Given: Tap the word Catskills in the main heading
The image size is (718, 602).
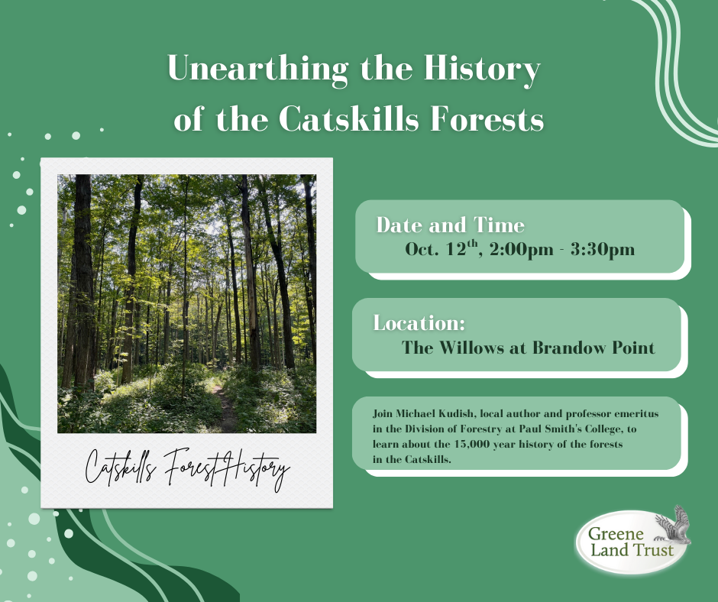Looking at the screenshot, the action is [348, 118].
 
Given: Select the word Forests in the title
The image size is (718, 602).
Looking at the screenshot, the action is [487, 118].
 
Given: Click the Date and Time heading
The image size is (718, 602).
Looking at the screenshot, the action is [450, 225].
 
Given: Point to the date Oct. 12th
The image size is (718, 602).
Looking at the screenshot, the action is [441, 249].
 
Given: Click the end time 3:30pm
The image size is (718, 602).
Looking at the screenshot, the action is [603, 250].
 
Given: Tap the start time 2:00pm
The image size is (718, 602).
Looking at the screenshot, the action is [521, 250].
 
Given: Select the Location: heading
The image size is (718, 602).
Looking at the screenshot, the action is [419, 323].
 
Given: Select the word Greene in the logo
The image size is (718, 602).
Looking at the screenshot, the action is [616, 534].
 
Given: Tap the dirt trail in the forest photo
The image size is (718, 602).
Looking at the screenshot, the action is [225, 408].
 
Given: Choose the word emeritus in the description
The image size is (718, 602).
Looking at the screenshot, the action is [636, 414].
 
